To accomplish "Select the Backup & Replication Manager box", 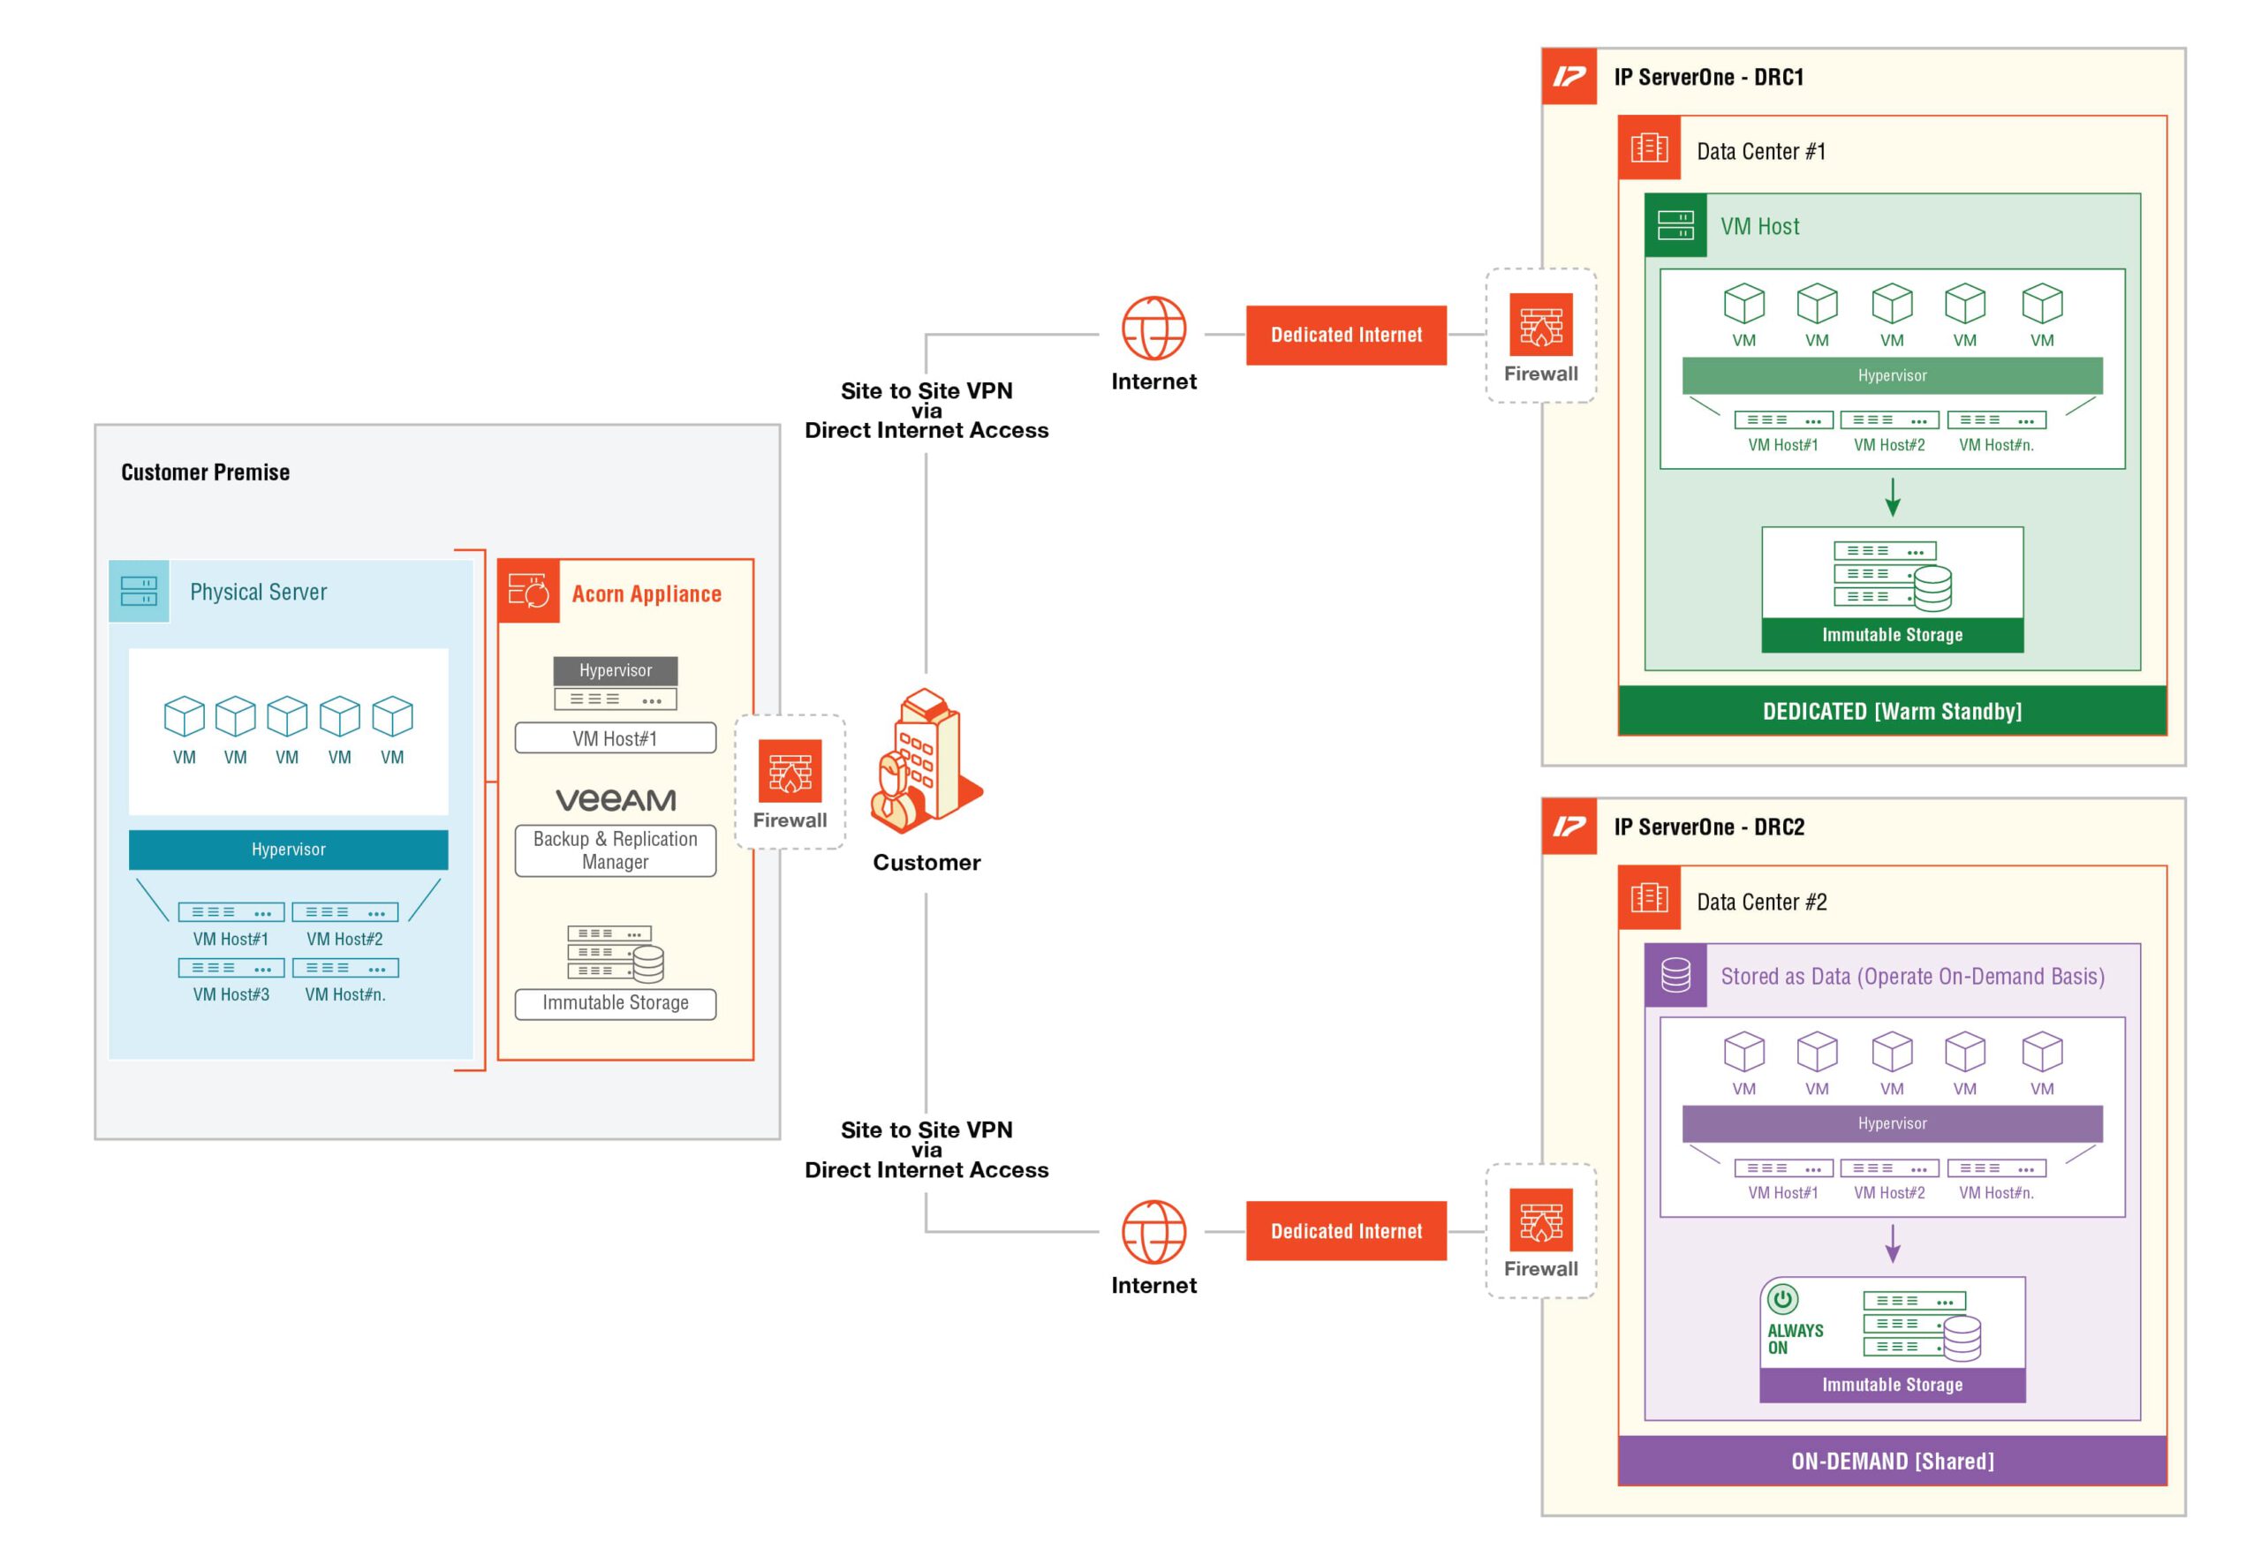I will [615, 850].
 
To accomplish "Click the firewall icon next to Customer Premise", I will [789, 770].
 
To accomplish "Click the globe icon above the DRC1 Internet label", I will [1153, 329].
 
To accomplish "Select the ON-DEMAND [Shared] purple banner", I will [1891, 1460].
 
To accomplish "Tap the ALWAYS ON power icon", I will [1781, 1298].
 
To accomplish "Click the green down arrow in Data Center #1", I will [1892, 497].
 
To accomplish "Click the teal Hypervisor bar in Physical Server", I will [288, 849].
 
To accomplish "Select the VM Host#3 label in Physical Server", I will [231, 994].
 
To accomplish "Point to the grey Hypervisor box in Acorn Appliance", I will [615, 670].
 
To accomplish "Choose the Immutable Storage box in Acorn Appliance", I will [615, 1002].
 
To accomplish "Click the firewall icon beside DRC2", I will [1539, 1220].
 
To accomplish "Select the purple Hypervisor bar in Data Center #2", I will [1891, 1123].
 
